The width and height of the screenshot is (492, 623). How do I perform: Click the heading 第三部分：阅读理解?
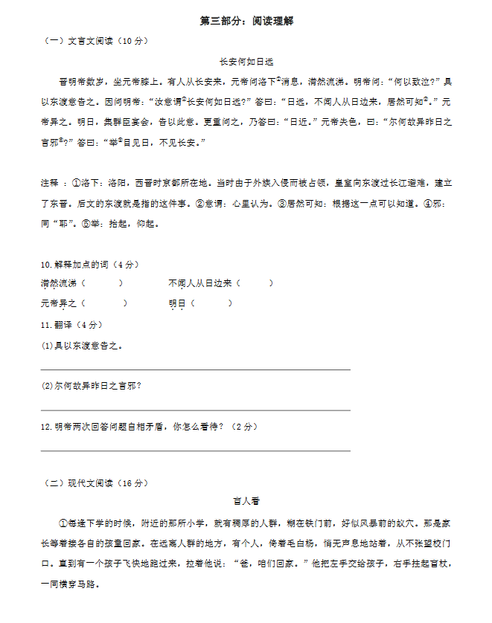click(246, 22)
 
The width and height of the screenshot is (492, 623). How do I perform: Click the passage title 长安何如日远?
click(246, 62)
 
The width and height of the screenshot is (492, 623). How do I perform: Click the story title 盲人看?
click(246, 501)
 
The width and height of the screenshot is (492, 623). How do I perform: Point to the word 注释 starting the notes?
click(50, 183)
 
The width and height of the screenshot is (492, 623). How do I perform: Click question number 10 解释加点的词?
click(89, 265)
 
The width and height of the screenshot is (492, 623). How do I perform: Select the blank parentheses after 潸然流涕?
click(102, 283)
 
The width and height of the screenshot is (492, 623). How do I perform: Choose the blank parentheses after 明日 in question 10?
click(212, 303)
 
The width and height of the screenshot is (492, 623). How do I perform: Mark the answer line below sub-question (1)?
click(195, 369)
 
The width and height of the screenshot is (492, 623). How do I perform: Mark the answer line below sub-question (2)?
click(195, 409)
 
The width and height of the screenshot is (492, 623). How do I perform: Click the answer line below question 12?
click(195, 450)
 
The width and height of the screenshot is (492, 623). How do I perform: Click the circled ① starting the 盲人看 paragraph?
click(63, 523)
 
